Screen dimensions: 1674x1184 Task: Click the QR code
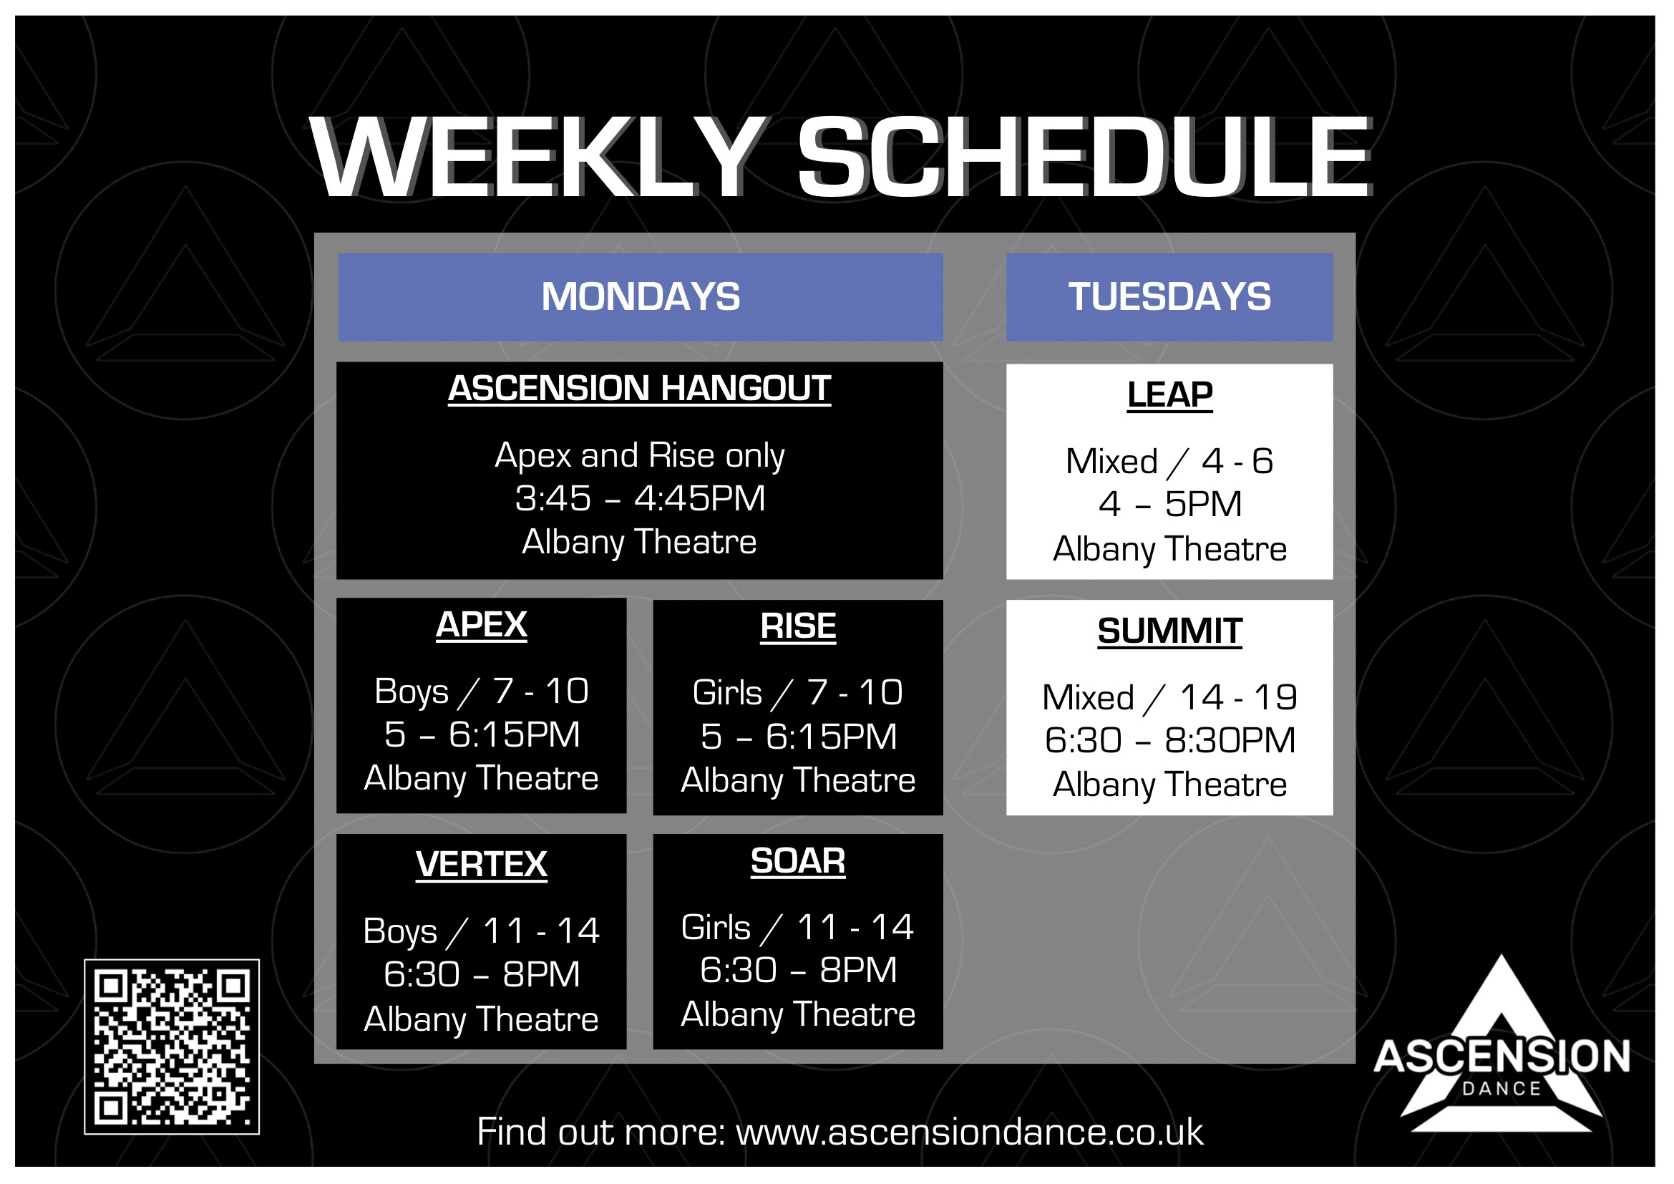(172, 1047)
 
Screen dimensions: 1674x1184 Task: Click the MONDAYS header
(640, 297)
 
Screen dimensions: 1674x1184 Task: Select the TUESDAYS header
(1169, 297)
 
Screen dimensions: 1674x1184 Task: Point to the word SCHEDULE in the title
(1085, 158)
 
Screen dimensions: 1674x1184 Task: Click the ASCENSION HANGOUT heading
(639, 389)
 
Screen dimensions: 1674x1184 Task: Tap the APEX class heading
(481, 626)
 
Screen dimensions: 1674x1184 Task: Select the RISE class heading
(799, 627)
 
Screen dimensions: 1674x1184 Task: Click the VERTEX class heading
(481, 865)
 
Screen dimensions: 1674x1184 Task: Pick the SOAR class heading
(799, 862)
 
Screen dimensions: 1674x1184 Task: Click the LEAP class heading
(1169, 396)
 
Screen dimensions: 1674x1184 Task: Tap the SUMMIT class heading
(1169, 632)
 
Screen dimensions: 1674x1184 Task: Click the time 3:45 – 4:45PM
(640, 499)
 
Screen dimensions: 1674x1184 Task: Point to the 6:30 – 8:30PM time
(1170, 741)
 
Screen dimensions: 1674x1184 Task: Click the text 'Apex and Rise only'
(640, 456)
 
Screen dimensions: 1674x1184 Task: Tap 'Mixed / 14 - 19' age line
(1170, 698)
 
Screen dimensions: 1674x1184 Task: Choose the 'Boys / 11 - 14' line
(481, 931)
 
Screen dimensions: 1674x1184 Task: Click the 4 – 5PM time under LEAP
(1170, 505)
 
